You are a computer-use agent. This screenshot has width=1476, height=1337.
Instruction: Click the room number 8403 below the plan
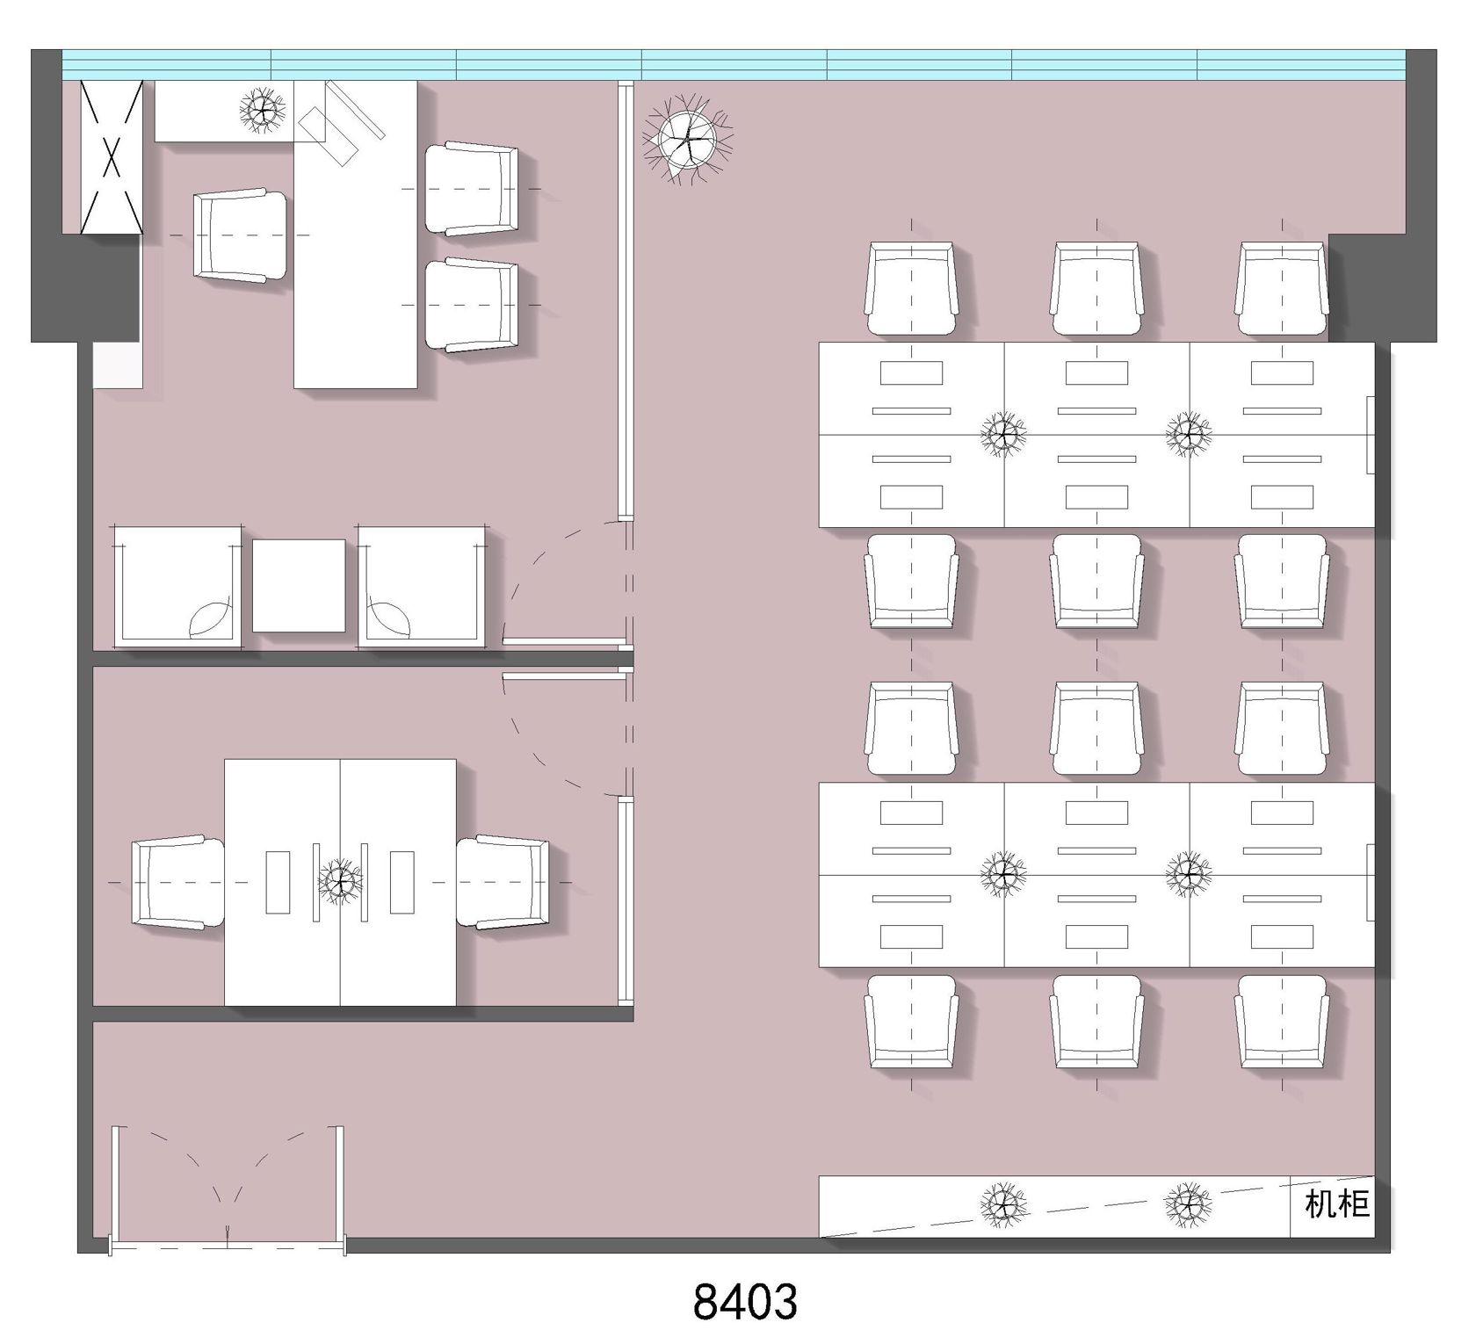pos(745,1301)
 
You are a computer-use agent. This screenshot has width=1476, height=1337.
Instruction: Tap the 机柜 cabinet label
pos(1337,1204)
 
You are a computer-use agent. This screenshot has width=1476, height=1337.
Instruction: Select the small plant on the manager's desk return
pos(263,110)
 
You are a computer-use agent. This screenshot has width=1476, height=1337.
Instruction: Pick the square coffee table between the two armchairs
pos(299,586)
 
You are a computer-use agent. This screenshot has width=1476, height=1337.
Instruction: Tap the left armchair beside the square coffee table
pos(177,588)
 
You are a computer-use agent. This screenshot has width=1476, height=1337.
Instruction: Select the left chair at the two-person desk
pos(177,882)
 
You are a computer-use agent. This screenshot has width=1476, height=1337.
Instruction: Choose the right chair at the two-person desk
pos(503,882)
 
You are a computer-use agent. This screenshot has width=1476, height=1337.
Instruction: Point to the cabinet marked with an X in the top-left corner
pos(112,157)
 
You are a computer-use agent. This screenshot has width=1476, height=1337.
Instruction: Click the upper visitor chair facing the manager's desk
pos(472,189)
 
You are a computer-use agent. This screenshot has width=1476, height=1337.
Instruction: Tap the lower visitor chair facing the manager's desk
pos(472,305)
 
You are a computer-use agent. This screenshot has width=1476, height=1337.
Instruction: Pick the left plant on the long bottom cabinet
pos(1003,1205)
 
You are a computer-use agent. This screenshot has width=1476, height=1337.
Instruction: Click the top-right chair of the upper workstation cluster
pos(1282,289)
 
